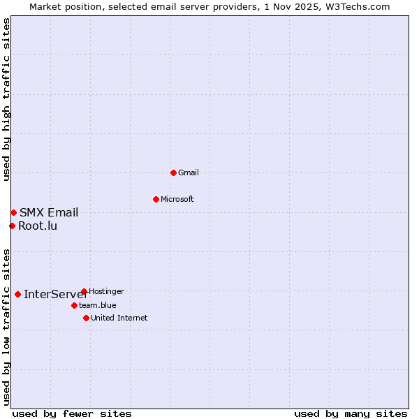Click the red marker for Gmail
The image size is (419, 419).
(x=173, y=172)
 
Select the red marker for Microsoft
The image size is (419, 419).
(x=156, y=199)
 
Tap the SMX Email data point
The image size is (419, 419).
(x=13, y=212)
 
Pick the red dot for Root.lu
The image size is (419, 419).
(x=12, y=226)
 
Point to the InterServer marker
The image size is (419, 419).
(x=17, y=294)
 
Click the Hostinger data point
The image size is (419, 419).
(x=84, y=291)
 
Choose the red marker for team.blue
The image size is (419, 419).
(x=74, y=305)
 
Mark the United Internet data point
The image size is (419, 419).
(x=86, y=318)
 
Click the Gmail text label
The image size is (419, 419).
(x=189, y=172)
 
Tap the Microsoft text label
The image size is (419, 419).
(x=177, y=199)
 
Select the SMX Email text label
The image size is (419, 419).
(x=49, y=213)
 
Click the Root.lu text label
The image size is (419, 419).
(x=38, y=226)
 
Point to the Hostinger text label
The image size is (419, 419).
(x=106, y=291)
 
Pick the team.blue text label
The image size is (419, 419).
(x=98, y=305)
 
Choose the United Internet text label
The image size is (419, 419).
(x=119, y=318)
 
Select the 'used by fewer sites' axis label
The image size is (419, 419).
(x=72, y=413)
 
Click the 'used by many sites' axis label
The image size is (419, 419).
(x=351, y=413)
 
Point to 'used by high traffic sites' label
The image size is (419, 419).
(x=7, y=99)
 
